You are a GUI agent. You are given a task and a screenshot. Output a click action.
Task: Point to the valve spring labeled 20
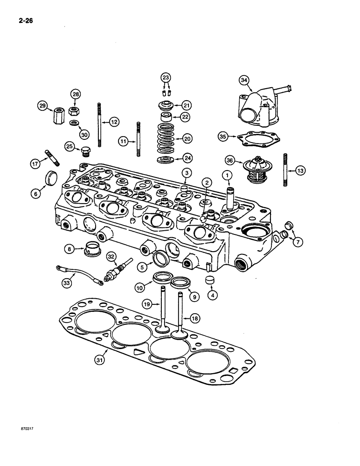[x=166, y=138]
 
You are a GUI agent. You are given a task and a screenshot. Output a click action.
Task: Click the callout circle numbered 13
[x=301, y=171]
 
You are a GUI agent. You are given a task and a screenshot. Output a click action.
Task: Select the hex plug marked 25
[x=85, y=151]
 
